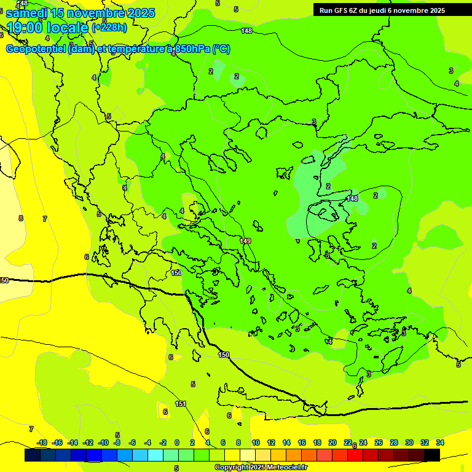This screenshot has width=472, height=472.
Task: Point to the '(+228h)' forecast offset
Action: (109, 28)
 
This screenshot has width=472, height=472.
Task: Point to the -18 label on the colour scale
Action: (42, 442)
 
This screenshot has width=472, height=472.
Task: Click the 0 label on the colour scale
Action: (177, 442)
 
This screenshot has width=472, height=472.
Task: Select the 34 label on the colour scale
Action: (440, 442)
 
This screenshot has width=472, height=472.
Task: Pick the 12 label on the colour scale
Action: (272, 442)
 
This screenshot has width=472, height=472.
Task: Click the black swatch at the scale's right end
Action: (432, 455)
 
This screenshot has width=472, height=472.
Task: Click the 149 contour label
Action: (245, 241)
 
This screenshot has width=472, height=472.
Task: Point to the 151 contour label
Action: (181, 404)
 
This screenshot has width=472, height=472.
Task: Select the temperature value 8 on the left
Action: (20, 218)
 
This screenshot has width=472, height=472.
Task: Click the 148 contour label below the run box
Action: (246, 31)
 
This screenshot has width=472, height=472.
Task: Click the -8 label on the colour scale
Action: (116, 442)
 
